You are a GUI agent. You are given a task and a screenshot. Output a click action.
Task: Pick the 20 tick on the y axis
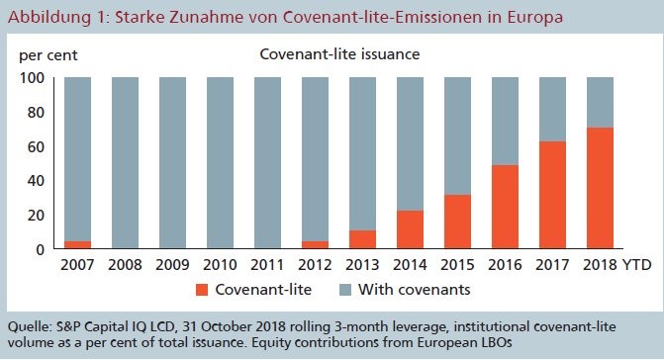tap(36, 215)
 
